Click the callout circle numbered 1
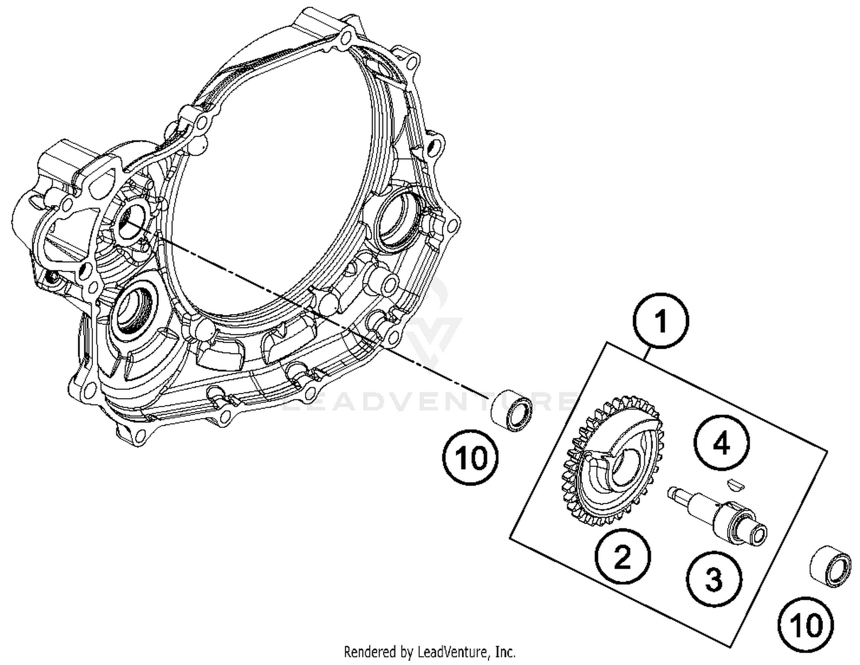point(660,321)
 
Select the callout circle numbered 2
point(622,557)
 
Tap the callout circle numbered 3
point(714,580)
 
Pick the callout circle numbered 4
point(722,443)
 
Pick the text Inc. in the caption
point(505,652)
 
